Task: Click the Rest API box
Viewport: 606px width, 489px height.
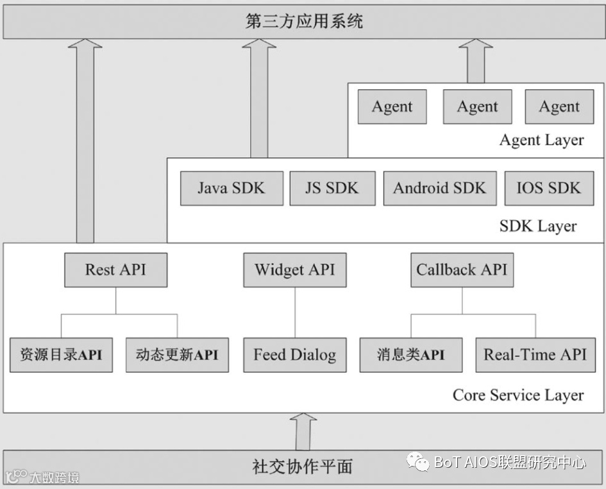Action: [115, 270]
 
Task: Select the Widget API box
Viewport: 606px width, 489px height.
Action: [294, 270]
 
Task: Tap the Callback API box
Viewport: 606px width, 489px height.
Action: [462, 270]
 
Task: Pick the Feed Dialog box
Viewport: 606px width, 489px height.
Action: [294, 354]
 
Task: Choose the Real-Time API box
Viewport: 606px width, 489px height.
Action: [535, 354]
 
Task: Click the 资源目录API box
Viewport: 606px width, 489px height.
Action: [61, 354]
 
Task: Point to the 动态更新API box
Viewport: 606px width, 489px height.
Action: [177, 354]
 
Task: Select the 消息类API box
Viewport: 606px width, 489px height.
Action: [411, 354]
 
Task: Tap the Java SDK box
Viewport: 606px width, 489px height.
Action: [231, 188]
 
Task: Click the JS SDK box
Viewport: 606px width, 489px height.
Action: [332, 188]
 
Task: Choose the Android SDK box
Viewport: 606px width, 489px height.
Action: [439, 188]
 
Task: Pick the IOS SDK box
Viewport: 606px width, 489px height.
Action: [548, 188]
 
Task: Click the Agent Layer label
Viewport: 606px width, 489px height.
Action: [541, 141]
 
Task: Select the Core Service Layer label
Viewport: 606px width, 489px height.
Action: [518, 395]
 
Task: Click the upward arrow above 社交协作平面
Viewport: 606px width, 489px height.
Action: [303, 431]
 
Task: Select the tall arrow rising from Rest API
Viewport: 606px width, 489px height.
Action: [85, 141]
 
